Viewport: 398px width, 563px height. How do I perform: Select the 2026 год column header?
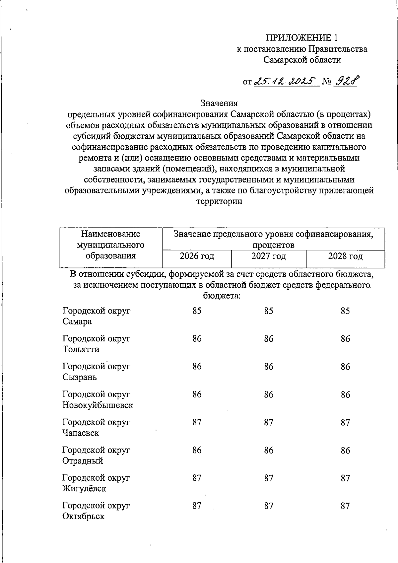[x=197, y=256]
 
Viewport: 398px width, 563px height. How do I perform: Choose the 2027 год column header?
[x=269, y=256]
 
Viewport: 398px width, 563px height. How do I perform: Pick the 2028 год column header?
[x=345, y=256]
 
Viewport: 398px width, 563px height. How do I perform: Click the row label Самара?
[x=77, y=321]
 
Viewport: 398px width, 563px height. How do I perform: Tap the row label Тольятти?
[x=81, y=349]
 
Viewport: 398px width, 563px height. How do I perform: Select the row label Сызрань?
[x=80, y=377]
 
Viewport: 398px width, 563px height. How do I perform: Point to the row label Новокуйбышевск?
[x=98, y=405]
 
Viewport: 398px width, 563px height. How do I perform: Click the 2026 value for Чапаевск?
[x=197, y=422]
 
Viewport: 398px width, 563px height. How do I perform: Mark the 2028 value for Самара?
[x=345, y=311]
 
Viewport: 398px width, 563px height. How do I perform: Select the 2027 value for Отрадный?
[x=269, y=450]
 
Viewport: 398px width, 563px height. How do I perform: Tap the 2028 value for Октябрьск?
[x=345, y=506]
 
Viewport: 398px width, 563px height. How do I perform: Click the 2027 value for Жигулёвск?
[x=269, y=478]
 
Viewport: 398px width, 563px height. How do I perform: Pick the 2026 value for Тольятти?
[x=197, y=339]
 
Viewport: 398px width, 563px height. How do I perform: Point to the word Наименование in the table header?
[x=111, y=234]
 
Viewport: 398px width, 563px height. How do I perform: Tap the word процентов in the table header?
[x=273, y=245]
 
